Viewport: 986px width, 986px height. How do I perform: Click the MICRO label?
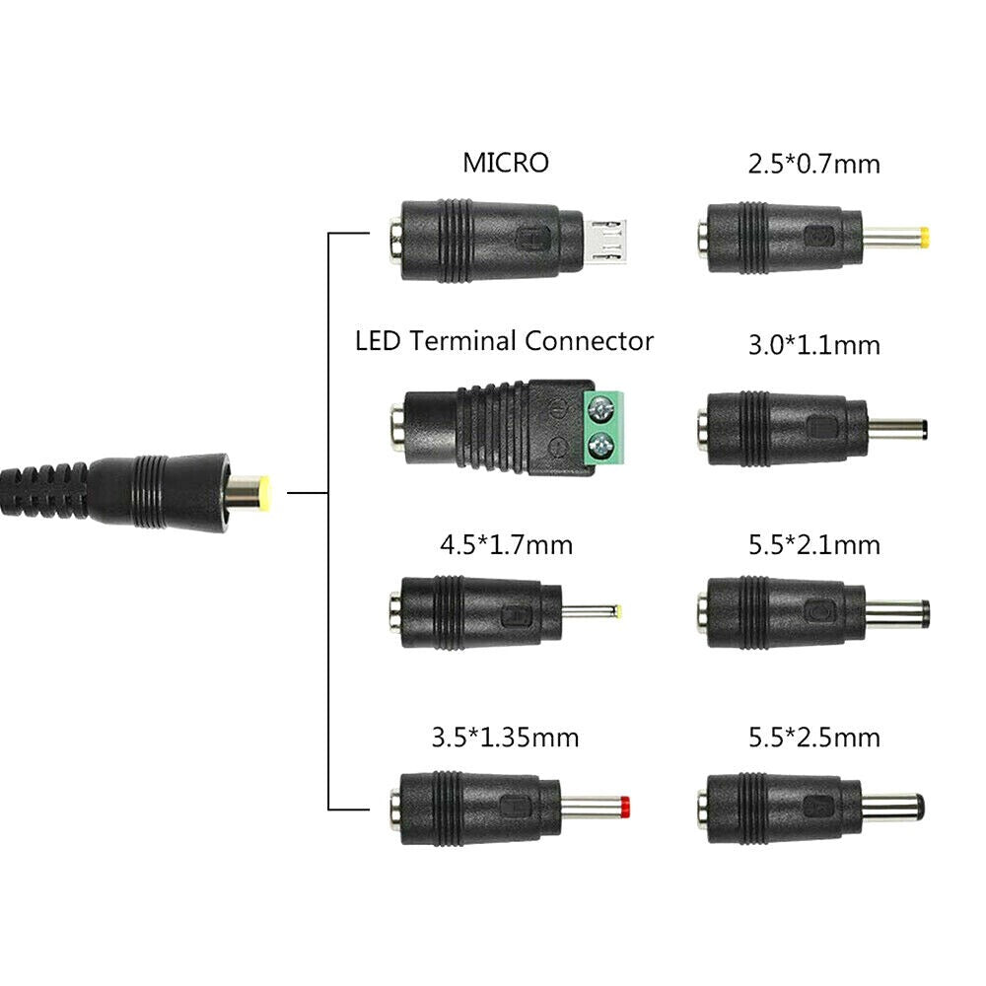[505, 163]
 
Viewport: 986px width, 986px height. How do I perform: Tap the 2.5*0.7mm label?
[813, 164]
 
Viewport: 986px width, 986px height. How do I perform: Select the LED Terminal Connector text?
[504, 342]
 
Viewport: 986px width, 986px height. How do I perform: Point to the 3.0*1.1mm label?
[813, 346]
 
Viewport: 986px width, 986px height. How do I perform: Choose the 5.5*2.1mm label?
[813, 544]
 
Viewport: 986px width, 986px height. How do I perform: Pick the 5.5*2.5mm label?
[813, 737]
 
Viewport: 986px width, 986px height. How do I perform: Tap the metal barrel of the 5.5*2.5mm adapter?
[892, 808]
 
